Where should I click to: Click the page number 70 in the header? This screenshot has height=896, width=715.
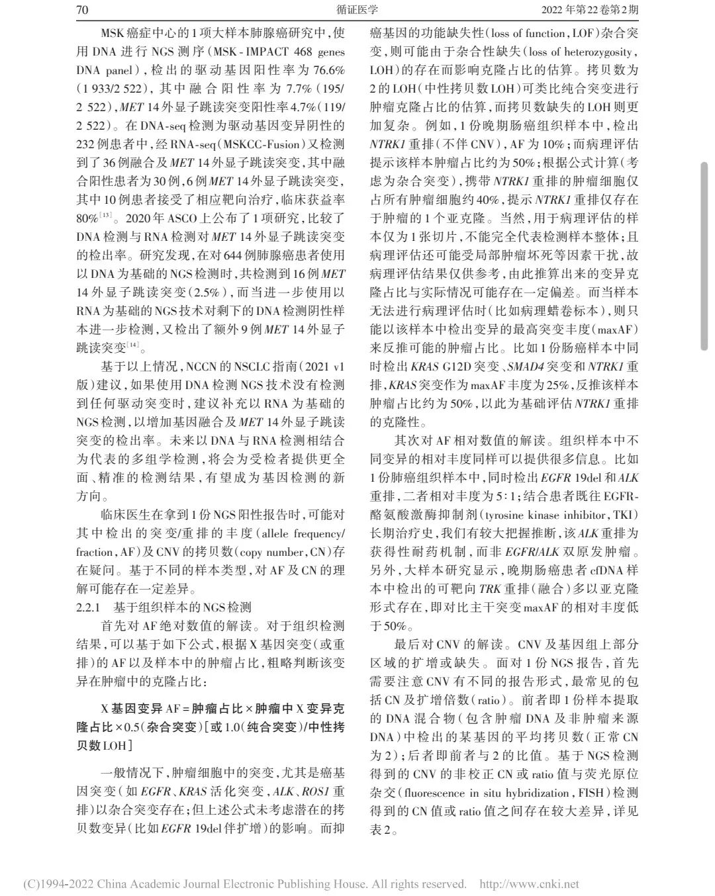82,10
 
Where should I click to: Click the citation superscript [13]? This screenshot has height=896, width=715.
106,215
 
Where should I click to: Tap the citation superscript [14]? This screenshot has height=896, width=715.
134,344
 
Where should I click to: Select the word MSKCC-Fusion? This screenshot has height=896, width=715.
287,144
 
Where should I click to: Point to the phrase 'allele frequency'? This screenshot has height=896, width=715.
301,533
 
